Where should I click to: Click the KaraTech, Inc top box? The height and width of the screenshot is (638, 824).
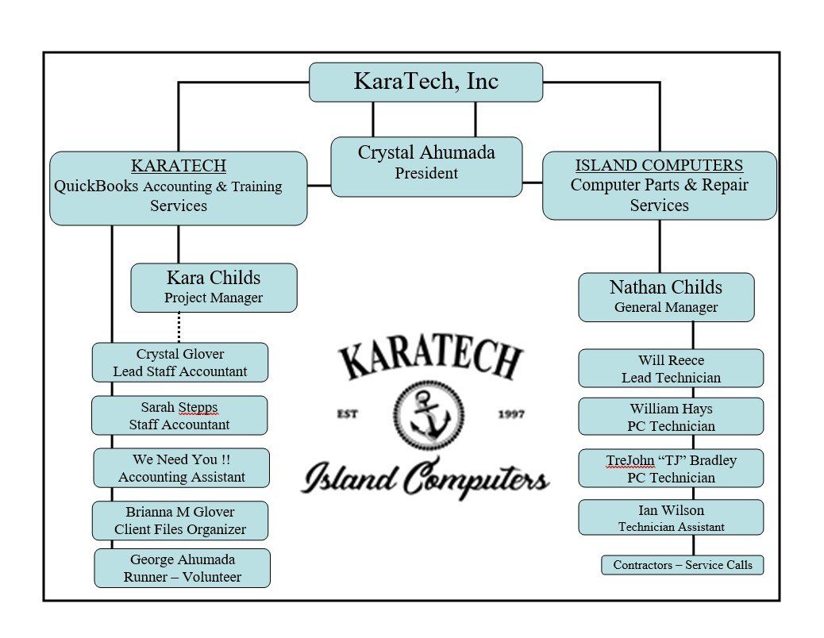pyautogui.click(x=425, y=82)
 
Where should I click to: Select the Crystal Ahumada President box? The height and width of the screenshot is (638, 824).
pyautogui.click(x=426, y=167)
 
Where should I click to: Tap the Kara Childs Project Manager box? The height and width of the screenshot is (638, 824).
pyautogui.click(x=214, y=288)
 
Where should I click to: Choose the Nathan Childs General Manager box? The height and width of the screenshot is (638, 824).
pyautogui.click(x=666, y=298)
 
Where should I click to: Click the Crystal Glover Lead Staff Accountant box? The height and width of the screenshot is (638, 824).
pyautogui.click(x=179, y=363)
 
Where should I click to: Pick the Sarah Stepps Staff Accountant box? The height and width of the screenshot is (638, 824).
pyautogui.click(x=179, y=415)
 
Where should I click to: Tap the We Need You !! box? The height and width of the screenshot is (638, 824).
pyautogui.click(x=181, y=468)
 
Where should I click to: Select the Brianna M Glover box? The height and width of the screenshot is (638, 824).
pyautogui.click(x=179, y=521)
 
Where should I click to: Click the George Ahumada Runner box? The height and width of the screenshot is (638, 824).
pyautogui.click(x=182, y=568)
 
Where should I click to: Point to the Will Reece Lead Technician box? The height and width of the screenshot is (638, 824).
pyautogui.click(x=671, y=368)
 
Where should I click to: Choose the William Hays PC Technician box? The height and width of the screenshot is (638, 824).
pyautogui.click(x=671, y=417)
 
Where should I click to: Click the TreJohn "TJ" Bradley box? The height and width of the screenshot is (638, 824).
pyautogui.click(x=671, y=468)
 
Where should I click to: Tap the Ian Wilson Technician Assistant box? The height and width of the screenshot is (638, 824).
pyautogui.click(x=671, y=517)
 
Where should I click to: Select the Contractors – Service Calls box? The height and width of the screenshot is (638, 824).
pyautogui.click(x=682, y=565)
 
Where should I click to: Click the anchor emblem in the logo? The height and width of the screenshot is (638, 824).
pyautogui.click(x=429, y=415)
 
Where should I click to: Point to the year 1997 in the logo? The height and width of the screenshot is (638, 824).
pyautogui.click(x=511, y=414)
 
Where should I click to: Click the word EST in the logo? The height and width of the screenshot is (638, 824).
pyautogui.click(x=348, y=414)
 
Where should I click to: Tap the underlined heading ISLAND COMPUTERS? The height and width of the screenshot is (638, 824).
pyautogui.click(x=659, y=165)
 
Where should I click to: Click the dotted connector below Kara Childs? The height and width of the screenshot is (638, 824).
pyautogui.click(x=179, y=328)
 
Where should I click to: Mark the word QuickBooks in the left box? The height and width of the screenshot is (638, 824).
pyautogui.click(x=96, y=186)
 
